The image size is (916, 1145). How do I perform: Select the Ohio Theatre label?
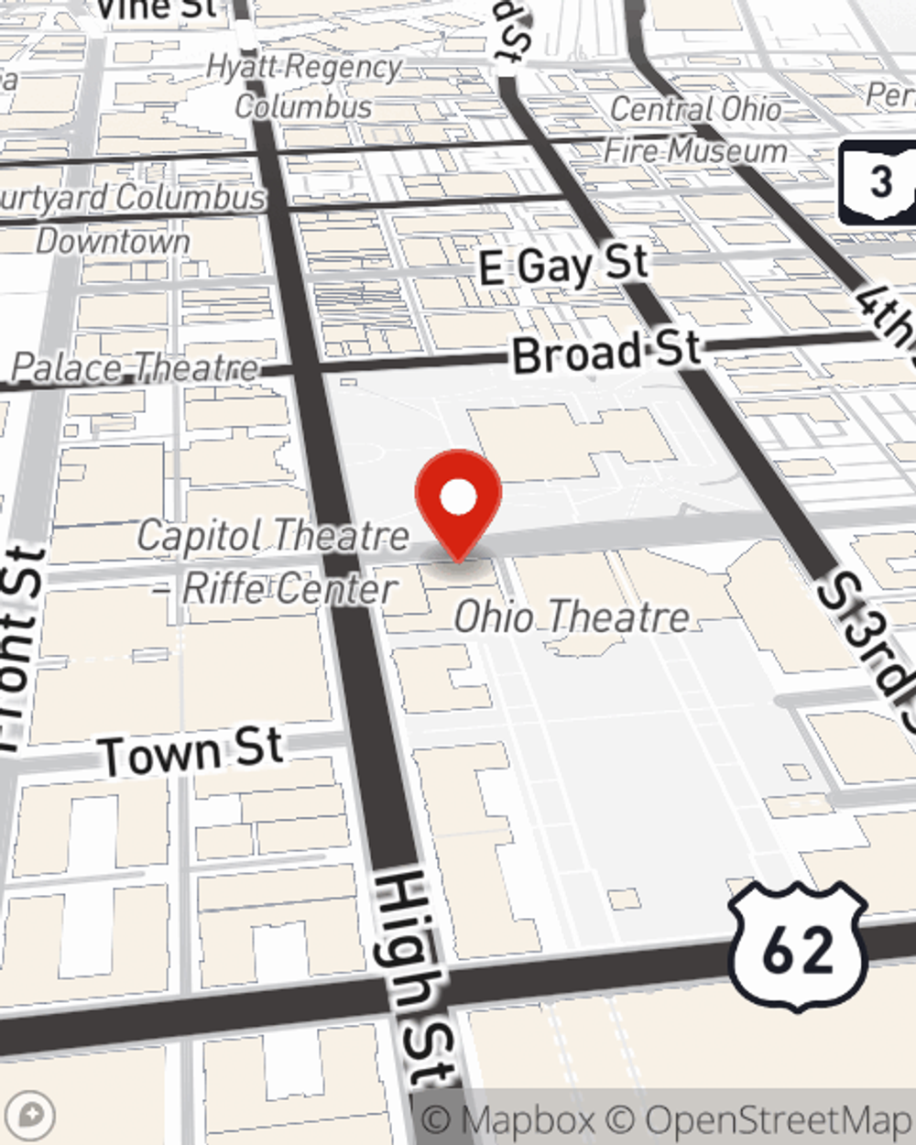(572, 616)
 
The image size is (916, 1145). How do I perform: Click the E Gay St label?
(564, 266)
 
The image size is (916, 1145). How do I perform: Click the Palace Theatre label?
(135, 368)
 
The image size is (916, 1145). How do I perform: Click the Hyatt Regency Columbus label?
(304, 86)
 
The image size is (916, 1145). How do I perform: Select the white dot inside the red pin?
(458, 497)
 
